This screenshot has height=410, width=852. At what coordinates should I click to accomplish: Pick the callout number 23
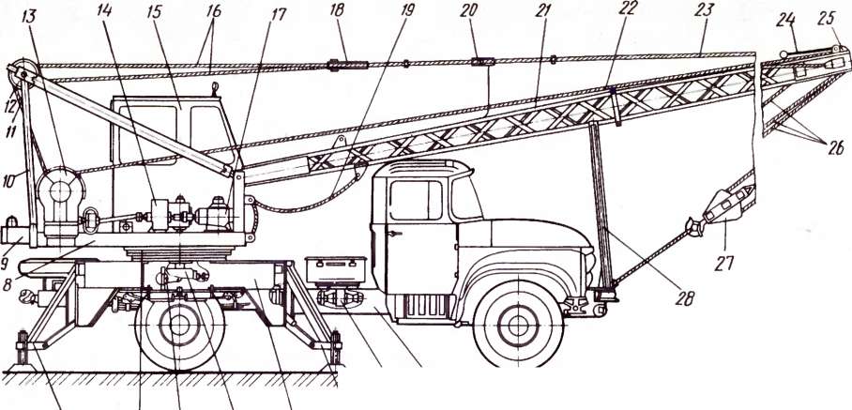tap(703, 10)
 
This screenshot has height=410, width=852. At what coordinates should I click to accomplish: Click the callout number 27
tap(723, 263)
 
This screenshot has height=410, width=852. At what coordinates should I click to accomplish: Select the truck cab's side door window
tap(414, 199)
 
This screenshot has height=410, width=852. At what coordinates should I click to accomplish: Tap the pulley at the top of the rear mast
tap(21, 72)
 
